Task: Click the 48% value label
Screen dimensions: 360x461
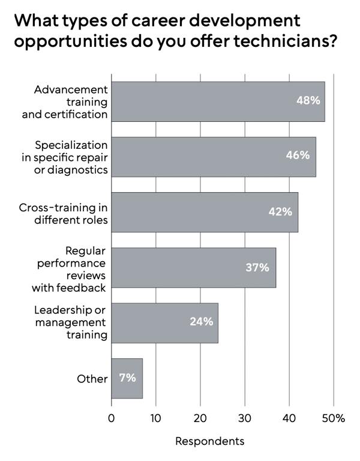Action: (x=308, y=101)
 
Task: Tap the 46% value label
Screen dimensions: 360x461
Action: (x=298, y=155)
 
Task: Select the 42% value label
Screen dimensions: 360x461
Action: (x=280, y=212)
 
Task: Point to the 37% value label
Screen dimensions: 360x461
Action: (x=257, y=268)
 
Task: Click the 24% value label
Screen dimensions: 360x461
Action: (x=202, y=322)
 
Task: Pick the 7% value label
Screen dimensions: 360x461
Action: (x=128, y=378)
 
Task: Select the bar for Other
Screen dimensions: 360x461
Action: (x=127, y=378)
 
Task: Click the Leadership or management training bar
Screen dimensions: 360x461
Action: (x=165, y=323)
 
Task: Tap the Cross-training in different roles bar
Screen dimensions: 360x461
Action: (x=205, y=212)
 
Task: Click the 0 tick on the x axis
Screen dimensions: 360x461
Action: (x=112, y=418)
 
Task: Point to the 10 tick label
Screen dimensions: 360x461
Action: (x=156, y=418)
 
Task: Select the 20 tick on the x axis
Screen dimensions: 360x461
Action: (x=200, y=418)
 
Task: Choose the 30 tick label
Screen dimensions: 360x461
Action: (x=245, y=418)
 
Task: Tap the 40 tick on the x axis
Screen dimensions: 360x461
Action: (x=289, y=418)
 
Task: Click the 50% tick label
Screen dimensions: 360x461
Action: (x=334, y=418)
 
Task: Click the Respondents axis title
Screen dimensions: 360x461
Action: (x=210, y=441)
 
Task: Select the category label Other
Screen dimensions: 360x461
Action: (x=92, y=379)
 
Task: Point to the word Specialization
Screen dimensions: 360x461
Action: (x=71, y=145)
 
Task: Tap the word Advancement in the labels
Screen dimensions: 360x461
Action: (x=71, y=89)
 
